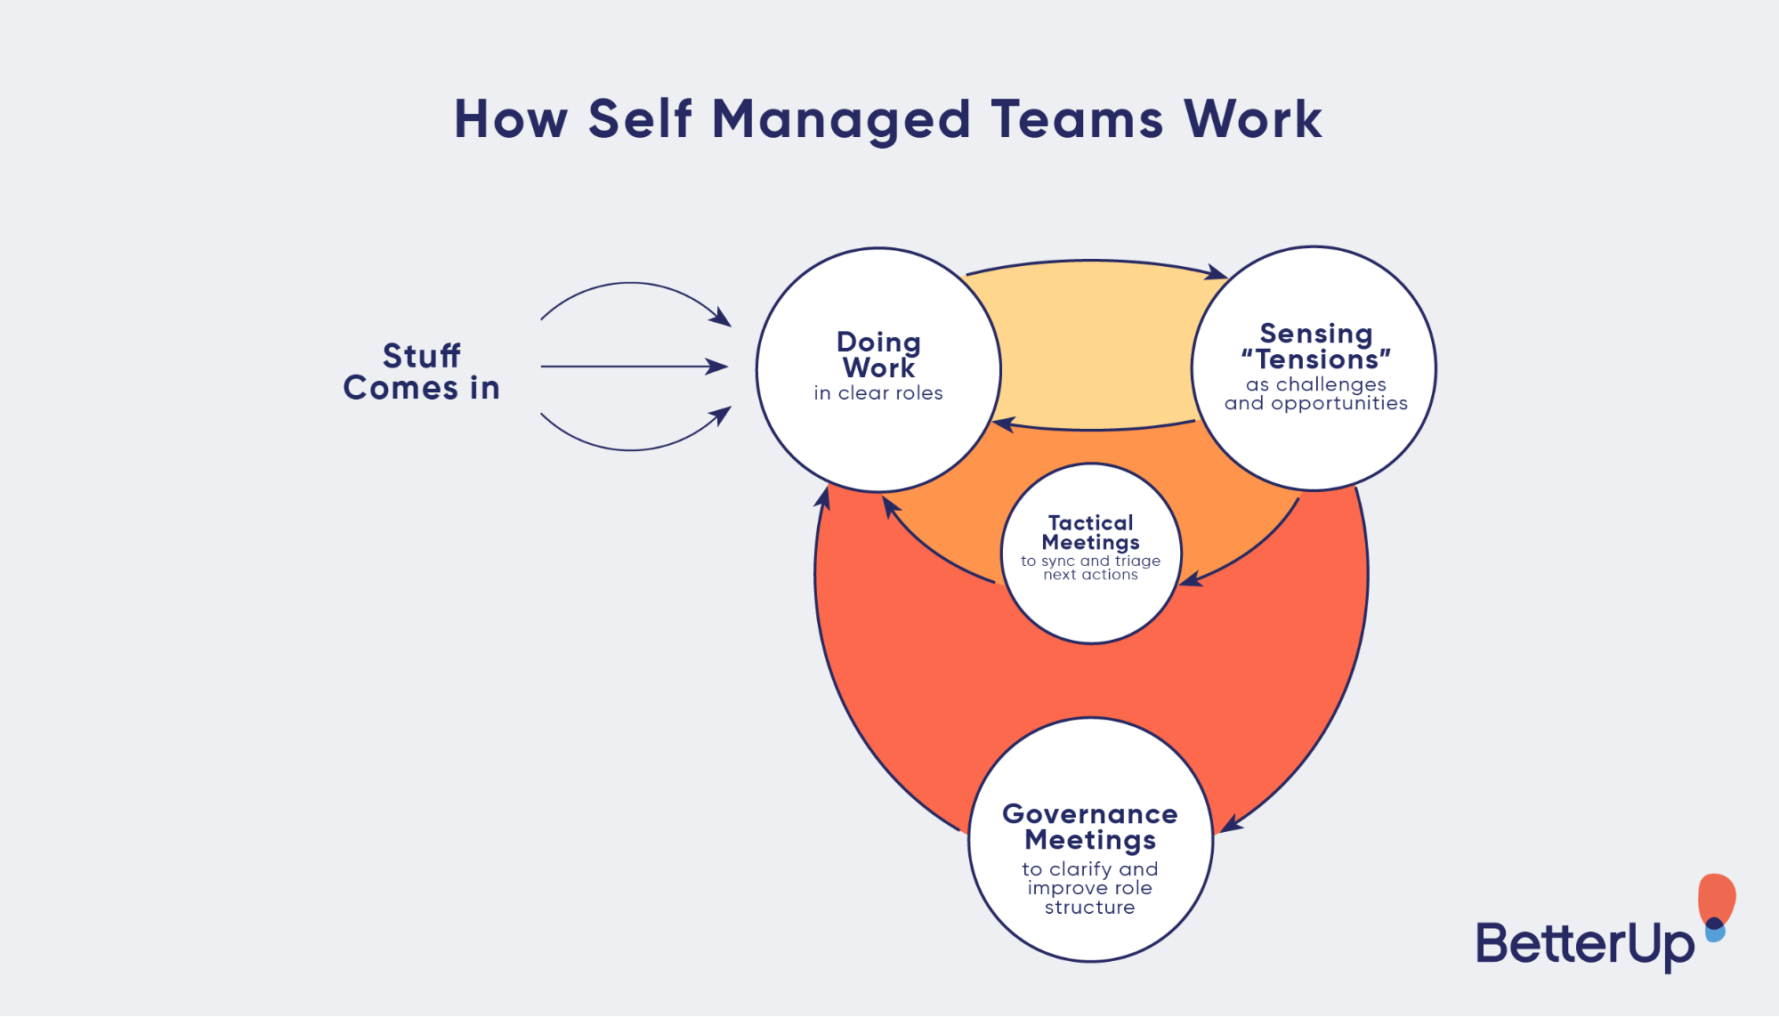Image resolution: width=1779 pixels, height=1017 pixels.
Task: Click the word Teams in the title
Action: click(1076, 119)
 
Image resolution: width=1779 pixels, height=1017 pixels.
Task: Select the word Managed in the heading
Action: click(840, 121)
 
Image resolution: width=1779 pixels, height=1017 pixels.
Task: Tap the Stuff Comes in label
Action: click(422, 372)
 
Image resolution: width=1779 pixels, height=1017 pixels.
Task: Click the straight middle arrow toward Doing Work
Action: click(632, 366)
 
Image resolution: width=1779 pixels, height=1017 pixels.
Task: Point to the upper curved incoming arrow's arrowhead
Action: click(722, 317)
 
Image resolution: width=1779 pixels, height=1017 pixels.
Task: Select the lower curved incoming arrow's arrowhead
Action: click(722, 415)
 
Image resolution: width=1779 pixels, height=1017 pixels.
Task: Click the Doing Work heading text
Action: click(878, 354)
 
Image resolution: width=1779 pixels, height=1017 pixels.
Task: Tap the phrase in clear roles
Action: click(877, 393)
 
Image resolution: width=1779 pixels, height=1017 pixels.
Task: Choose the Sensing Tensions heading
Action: click(1315, 346)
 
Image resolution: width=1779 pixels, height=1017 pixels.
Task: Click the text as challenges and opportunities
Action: click(1315, 393)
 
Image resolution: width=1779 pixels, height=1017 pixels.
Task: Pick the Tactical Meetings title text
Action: click(1090, 532)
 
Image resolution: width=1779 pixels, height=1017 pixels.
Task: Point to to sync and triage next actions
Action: click(1090, 568)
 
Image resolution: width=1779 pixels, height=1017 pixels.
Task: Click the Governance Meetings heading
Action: click(1089, 827)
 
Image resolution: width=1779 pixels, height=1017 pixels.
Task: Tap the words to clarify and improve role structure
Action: click(1089, 888)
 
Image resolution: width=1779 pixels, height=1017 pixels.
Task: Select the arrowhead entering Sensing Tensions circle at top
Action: click(1217, 272)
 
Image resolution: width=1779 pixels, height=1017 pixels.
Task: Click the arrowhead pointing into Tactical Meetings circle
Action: click(1190, 581)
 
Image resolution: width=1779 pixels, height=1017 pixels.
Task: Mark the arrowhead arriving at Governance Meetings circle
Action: click(1231, 825)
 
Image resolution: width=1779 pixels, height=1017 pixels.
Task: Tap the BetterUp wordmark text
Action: click(1584, 943)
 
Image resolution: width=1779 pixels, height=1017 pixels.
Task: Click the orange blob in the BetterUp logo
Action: click(1717, 897)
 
